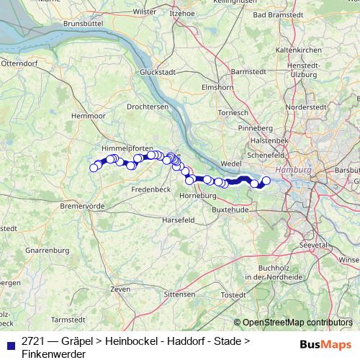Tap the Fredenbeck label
tap(150, 189)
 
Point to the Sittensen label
tap(179, 294)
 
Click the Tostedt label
tap(233, 294)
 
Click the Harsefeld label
tap(179, 219)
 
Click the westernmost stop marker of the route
tap(93, 168)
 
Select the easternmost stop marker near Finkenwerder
tap(266, 181)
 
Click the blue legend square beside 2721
tap(10, 344)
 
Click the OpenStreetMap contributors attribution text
tap(297, 323)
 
